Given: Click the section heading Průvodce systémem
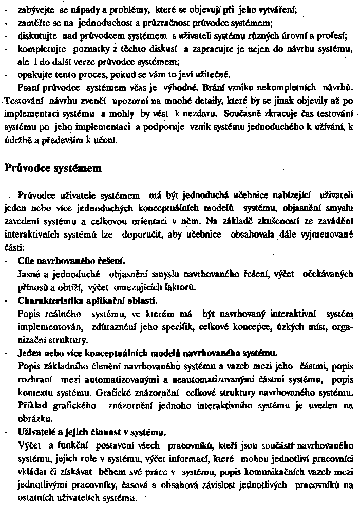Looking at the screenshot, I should click(x=53, y=168).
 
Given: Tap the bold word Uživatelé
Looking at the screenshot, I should click(x=36, y=431).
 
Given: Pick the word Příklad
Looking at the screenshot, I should click(x=32, y=405).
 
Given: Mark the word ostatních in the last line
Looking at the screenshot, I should click(x=36, y=497).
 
